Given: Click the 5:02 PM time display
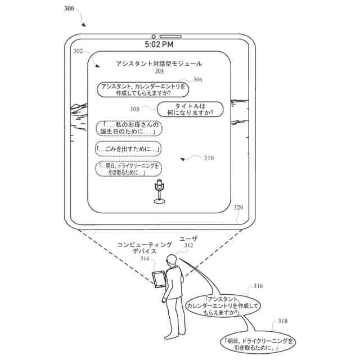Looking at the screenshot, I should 159,44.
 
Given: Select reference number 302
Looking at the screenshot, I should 78,51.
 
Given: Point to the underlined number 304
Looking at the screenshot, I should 159,71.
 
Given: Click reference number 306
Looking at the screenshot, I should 197,80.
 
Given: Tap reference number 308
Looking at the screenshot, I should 134,109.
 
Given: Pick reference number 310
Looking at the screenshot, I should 208,158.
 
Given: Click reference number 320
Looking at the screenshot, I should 238,208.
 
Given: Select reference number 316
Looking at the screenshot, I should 258,286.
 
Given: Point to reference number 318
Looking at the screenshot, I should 282,321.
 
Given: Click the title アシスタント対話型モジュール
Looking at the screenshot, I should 159,64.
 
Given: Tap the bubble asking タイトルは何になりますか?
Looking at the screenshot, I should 190,109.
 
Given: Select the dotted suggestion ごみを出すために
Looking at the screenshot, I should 128,149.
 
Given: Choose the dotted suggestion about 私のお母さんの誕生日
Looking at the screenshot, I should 129,128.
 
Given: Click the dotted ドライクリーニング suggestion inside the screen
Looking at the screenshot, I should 129,169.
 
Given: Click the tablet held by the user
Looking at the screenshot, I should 159,280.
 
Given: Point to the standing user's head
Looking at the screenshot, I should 172,259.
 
